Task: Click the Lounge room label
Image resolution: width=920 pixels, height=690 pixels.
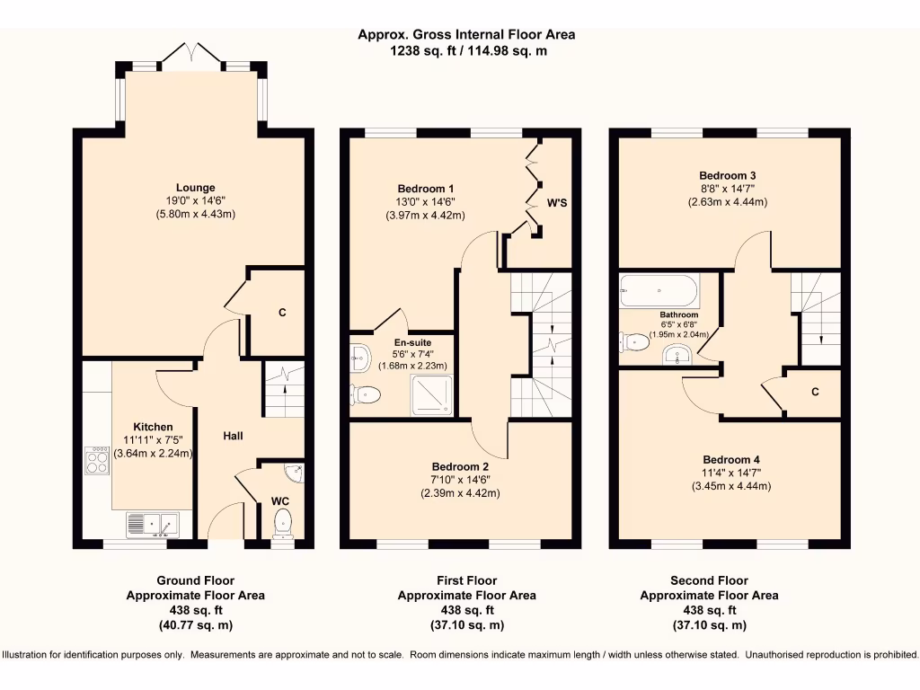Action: coord(195,188)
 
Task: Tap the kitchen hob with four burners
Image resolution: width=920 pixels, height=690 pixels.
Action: coord(97,460)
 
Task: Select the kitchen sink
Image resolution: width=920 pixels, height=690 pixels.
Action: coord(153,525)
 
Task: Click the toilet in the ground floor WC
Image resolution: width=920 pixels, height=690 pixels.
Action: coord(283,524)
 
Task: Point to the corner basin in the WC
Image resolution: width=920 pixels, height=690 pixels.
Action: coord(295,472)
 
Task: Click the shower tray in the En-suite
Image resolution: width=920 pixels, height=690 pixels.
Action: coord(432,395)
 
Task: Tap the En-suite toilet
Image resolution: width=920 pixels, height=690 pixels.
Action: coord(365,394)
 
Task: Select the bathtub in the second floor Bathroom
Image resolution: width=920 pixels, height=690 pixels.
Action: coord(659,290)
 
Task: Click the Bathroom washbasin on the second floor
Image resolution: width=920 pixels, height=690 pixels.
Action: coord(677,355)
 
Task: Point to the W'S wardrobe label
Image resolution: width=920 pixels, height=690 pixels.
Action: coord(557,203)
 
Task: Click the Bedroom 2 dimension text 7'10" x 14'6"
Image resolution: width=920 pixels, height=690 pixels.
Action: coord(461,480)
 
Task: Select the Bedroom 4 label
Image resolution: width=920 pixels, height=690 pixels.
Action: coord(731,459)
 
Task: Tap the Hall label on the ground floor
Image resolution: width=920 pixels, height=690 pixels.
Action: coord(233,436)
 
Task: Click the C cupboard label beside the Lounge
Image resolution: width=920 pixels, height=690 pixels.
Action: coord(282,312)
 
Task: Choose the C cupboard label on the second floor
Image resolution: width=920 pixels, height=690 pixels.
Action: coord(815,392)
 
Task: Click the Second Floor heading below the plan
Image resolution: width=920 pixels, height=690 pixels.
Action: coord(710,581)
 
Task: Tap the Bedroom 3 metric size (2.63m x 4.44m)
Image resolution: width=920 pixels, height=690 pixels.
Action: coord(728,202)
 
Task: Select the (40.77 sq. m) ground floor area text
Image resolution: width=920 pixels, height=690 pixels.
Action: coord(195,625)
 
